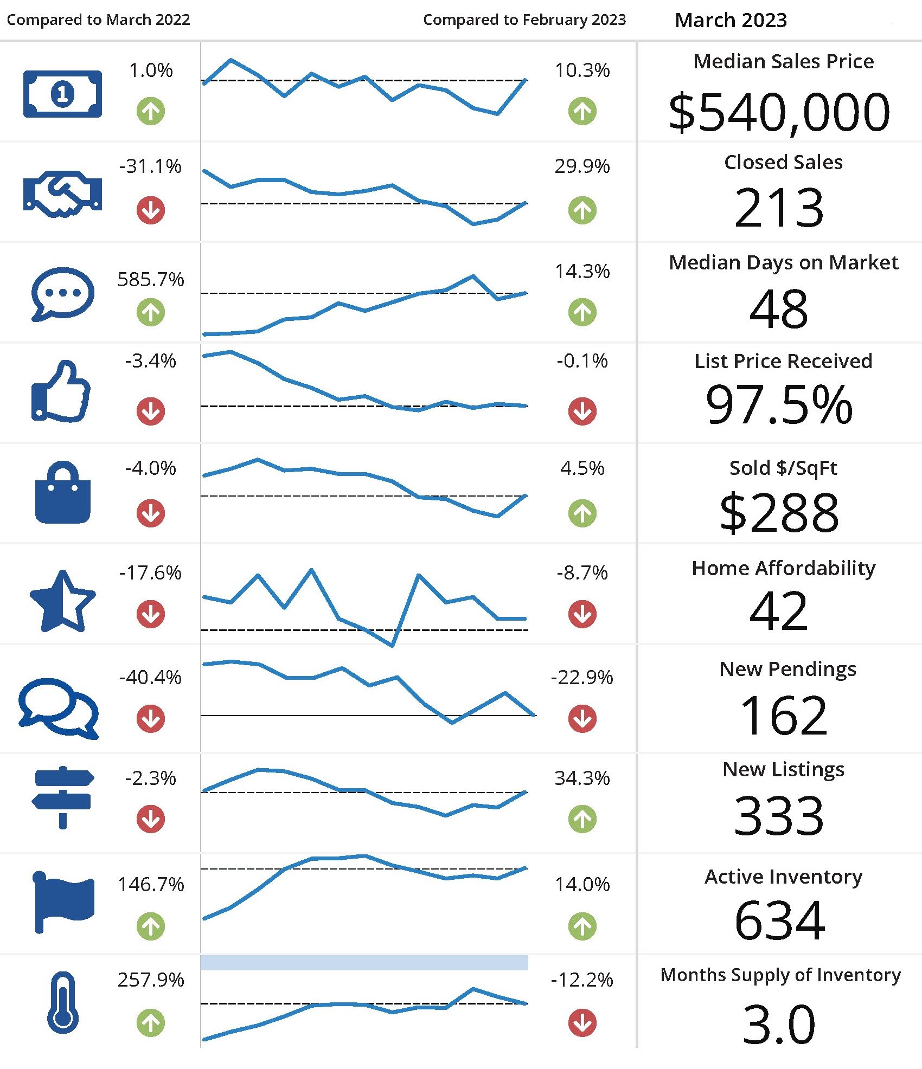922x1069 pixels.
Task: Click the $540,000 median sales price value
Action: [779, 112]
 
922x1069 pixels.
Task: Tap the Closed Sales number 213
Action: [779, 208]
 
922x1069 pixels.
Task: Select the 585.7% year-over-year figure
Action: [151, 280]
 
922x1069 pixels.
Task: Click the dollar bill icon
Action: [62, 94]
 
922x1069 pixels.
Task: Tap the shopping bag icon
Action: [62, 493]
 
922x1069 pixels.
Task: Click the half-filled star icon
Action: [62, 601]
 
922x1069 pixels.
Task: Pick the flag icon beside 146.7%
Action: [63, 902]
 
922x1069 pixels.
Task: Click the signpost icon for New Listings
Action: [62, 796]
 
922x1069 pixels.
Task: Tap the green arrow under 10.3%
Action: [582, 111]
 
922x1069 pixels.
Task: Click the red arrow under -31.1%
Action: [151, 210]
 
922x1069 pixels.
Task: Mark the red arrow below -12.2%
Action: [582, 1022]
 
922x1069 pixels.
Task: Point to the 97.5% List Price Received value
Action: [779, 404]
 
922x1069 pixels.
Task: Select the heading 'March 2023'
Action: [731, 21]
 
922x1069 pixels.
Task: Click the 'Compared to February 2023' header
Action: [524, 20]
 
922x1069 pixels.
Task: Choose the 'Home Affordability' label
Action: [783, 568]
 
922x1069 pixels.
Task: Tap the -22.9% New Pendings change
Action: [582, 677]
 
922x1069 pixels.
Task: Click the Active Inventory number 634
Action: [779, 920]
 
